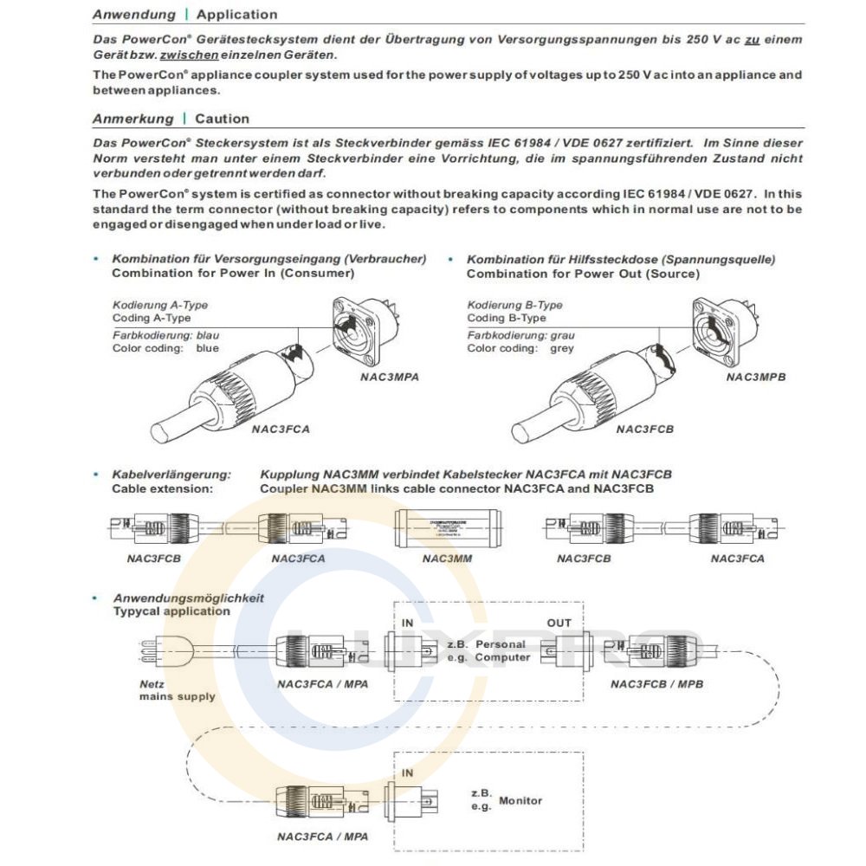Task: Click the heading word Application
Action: (236, 15)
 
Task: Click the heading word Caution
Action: (222, 119)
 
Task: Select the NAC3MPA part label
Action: (390, 378)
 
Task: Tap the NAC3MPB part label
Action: (756, 377)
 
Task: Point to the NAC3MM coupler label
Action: (447, 559)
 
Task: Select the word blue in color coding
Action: (207, 348)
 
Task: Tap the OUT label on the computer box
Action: (559, 623)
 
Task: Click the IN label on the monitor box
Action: (408, 772)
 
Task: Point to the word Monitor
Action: (520, 800)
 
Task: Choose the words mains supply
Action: (178, 696)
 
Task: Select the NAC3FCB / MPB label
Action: (656, 684)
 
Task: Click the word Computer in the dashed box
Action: (502, 657)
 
